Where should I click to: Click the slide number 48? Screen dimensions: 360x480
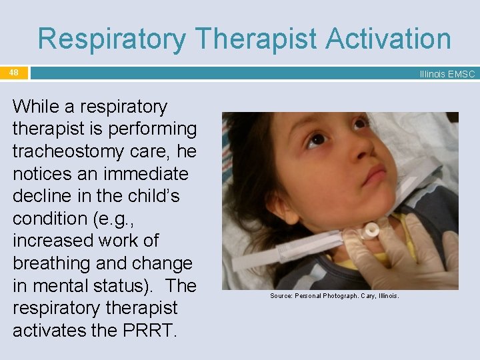coord(14,72)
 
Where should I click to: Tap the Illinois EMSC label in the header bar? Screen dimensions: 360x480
coord(447,74)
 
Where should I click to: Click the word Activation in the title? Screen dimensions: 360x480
coord(389,39)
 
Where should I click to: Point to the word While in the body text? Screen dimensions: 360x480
coord(37,107)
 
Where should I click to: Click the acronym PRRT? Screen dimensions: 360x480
coord(148,331)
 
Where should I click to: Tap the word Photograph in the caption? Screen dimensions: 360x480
coord(339,295)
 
